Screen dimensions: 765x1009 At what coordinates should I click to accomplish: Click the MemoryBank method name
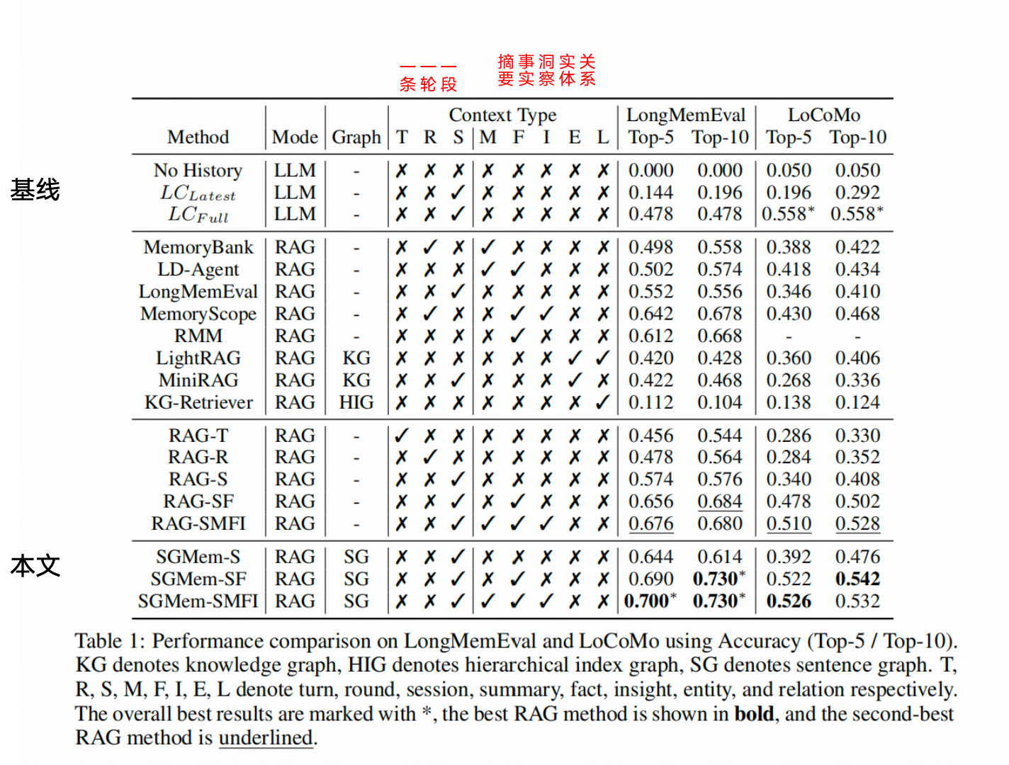198,247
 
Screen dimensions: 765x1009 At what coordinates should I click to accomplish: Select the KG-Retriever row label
198,402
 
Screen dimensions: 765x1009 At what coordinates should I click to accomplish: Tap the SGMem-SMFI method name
198,601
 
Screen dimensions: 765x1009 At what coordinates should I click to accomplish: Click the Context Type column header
502,115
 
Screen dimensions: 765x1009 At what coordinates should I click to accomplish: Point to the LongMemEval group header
685,115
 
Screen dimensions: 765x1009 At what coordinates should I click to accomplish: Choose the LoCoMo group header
823,115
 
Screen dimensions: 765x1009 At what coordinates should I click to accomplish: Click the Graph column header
356,137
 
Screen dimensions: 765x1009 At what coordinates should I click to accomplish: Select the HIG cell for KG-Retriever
356,402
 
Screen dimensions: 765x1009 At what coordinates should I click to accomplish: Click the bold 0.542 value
857,579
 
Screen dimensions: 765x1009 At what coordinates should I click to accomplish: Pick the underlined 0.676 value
650,524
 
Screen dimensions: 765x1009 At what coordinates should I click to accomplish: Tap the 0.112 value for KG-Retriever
650,402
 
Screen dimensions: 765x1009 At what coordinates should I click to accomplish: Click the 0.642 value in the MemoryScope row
650,314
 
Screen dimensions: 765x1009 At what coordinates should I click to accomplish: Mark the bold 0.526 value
788,601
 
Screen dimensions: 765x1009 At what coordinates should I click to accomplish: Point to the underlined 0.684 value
719,501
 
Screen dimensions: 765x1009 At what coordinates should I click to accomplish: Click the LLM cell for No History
295,171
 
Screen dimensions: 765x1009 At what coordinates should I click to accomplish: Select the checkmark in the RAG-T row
402,436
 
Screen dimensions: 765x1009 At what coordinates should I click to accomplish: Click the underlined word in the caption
266,738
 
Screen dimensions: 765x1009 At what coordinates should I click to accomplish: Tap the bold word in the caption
754,714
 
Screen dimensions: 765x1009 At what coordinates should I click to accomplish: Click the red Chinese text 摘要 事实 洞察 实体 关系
546,71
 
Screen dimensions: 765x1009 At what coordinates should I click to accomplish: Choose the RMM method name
198,336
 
